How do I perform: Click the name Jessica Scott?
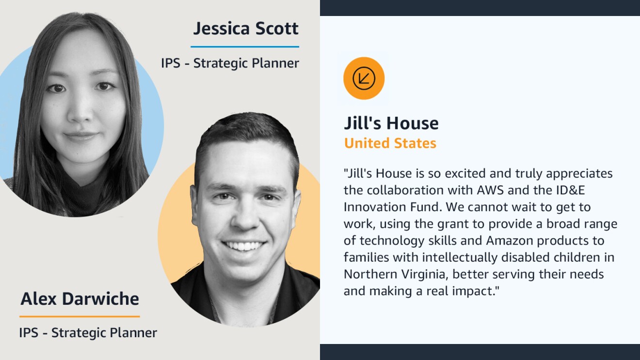(x=246, y=29)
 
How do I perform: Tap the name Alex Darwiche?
(x=80, y=298)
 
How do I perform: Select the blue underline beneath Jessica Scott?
(x=245, y=47)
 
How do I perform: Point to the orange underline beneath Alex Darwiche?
(x=80, y=316)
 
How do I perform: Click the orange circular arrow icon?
(x=364, y=78)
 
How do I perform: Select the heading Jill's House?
(x=391, y=123)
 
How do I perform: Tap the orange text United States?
(x=390, y=143)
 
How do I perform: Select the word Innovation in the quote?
(x=375, y=207)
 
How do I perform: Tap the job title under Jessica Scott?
(x=230, y=63)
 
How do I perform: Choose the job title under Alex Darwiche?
(x=88, y=333)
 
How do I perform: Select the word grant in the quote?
(x=453, y=224)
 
